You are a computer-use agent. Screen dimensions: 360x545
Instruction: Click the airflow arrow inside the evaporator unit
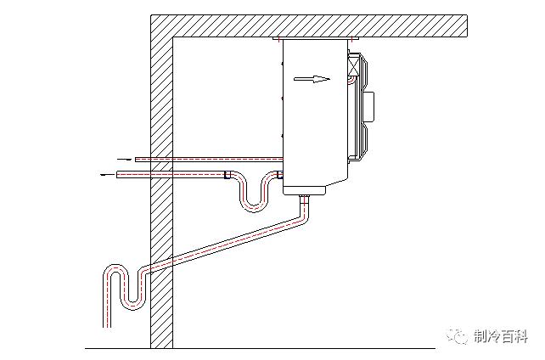pyautogui.click(x=311, y=80)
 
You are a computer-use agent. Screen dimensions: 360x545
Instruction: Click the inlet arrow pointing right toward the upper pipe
pyautogui.click(x=123, y=159)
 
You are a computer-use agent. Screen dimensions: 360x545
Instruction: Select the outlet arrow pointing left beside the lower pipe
pyautogui.click(x=106, y=174)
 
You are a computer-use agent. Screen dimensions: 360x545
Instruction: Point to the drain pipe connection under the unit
pyautogui.click(x=303, y=196)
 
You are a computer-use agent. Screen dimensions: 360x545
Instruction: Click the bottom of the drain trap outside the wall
pyautogui.click(x=130, y=301)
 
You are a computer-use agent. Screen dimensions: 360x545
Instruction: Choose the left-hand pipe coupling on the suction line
pyautogui.click(x=226, y=175)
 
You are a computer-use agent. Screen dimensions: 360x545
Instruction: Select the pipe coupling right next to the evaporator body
pyautogui.click(x=277, y=175)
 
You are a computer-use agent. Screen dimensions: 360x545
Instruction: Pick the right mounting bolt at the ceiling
pyautogui.click(x=349, y=39)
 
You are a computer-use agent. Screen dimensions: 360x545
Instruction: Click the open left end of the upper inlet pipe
pyautogui.click(x=137, y=159)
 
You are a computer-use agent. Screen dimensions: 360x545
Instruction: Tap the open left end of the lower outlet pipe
pyautogui.click(x=118, y=174)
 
